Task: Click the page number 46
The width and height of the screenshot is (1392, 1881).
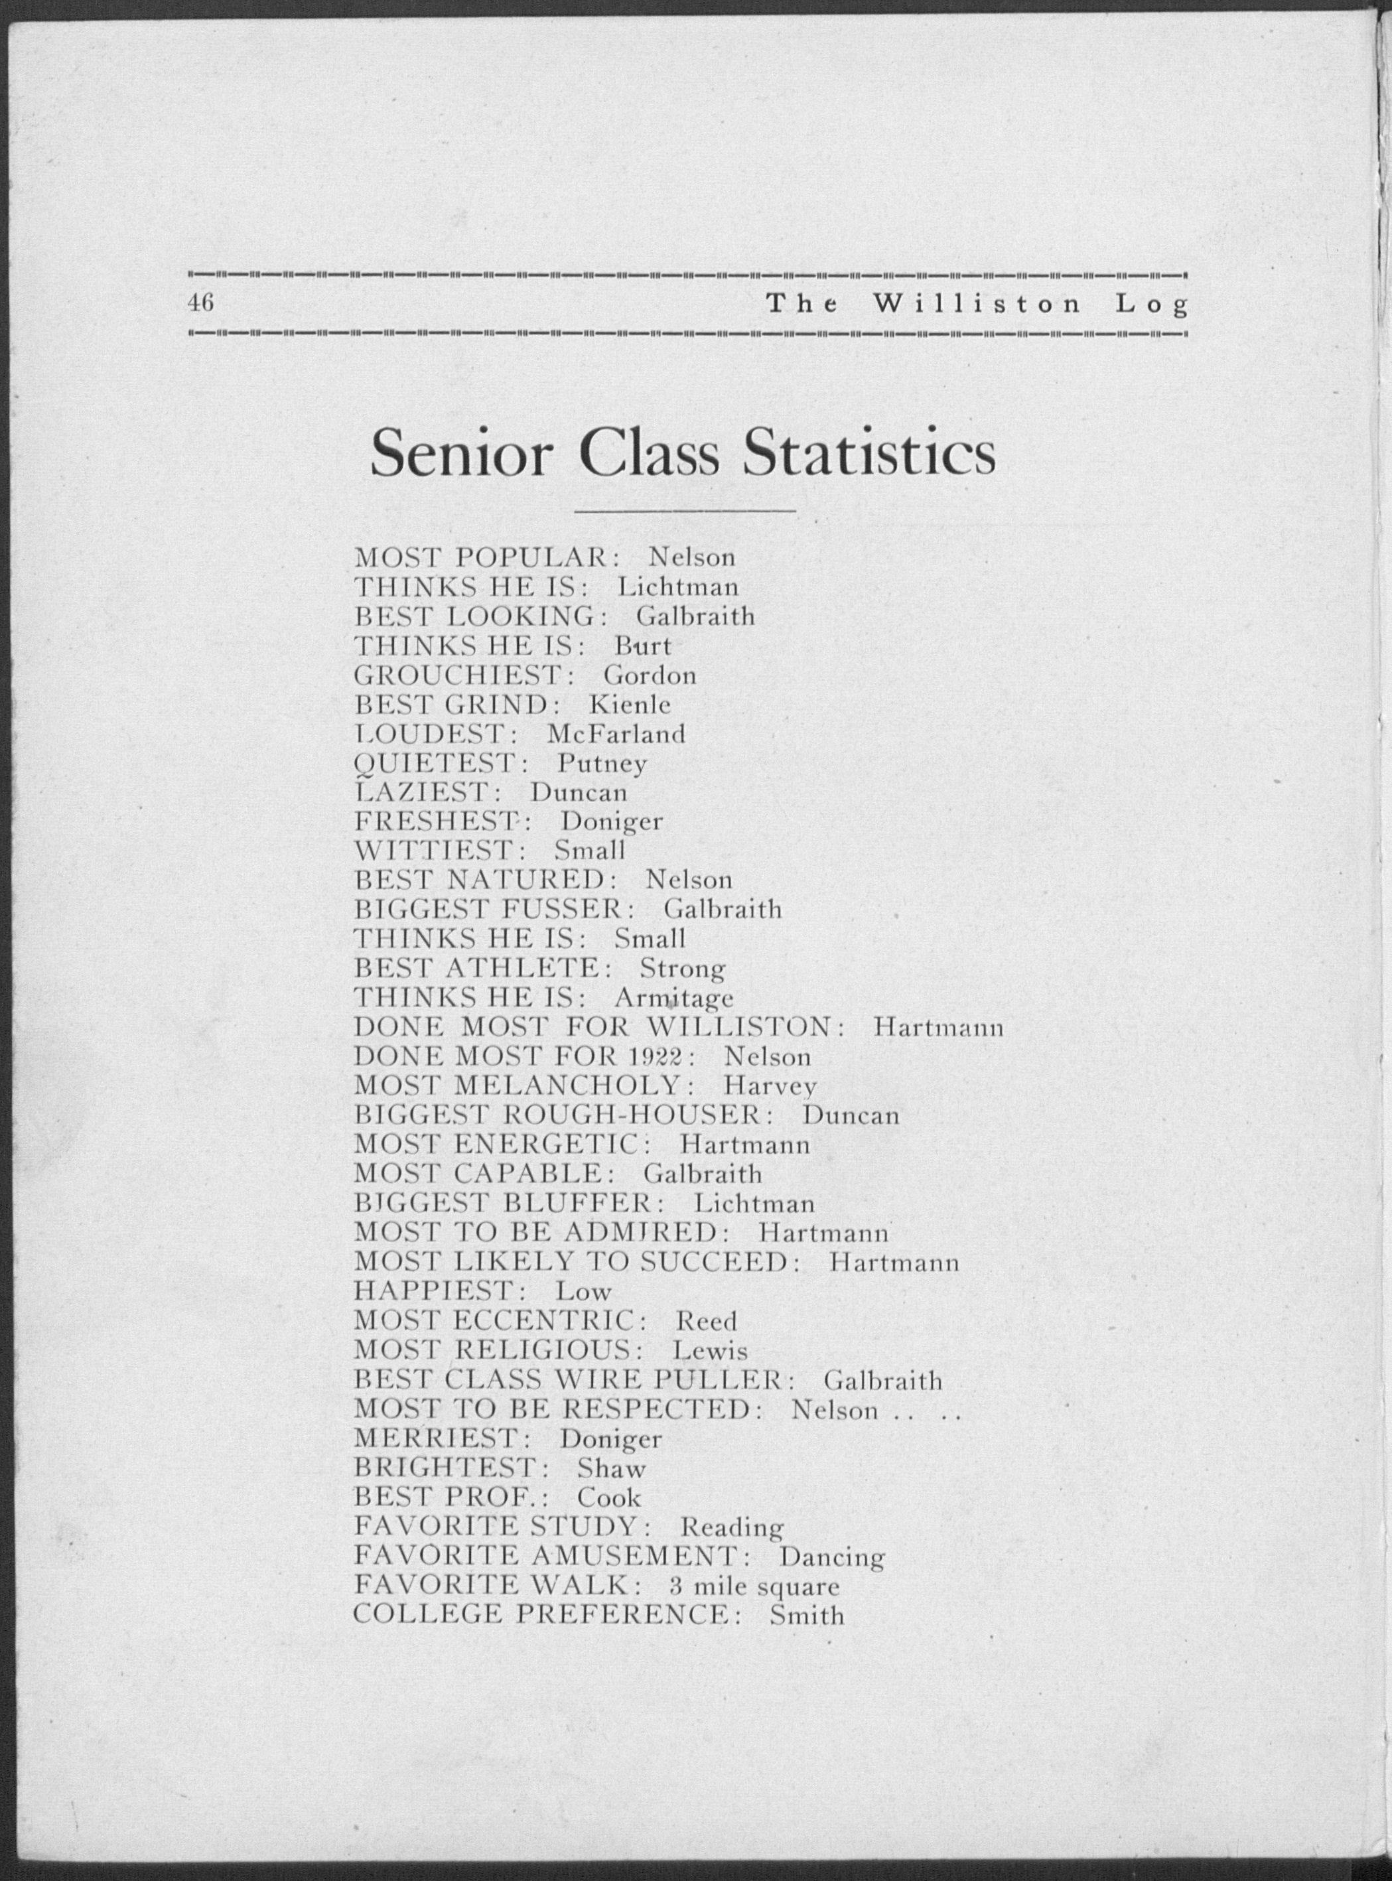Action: [x=202, y=303]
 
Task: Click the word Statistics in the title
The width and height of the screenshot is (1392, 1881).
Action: [x=868, y=453]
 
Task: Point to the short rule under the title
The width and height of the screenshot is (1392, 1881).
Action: [x=684, y=510]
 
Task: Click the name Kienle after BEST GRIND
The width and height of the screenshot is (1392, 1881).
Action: [x=630, y=703]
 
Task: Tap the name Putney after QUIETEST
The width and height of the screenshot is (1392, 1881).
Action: [x=602, y=763]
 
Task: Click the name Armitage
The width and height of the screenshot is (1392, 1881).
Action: [x=673, y=998]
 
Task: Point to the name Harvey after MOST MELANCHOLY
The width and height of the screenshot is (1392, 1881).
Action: [x=769, y=1086]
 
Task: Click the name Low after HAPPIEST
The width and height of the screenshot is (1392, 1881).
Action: [x=583, y=1291]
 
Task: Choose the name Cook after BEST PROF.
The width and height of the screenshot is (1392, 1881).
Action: [x=608, y=1498]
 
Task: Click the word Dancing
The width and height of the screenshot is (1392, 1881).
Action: [x=831, y=1557]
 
